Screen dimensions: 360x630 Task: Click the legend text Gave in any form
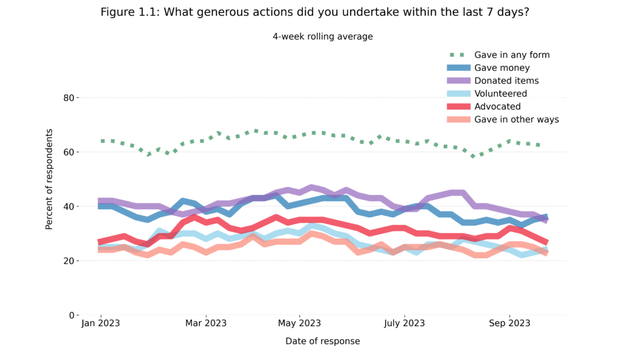click(512, 55)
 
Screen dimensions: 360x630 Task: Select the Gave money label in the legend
click(501, 68)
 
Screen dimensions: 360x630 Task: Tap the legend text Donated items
click(506, 81)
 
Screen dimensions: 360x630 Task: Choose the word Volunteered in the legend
click(500, 94)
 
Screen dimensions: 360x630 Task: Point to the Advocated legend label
click(497, 106)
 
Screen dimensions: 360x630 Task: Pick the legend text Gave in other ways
click(516, 119)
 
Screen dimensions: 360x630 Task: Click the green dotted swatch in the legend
click(459, 55)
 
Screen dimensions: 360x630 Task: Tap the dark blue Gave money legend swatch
click(459, 68)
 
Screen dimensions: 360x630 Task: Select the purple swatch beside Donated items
click(459, 81)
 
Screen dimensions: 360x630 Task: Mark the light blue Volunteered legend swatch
click(459, 94)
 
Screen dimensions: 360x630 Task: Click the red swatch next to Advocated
click(459, 106)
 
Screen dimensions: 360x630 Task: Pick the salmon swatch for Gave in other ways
click(459, 119)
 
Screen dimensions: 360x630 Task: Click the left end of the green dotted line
click(102, 141)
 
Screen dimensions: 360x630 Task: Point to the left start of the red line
click(98, 241)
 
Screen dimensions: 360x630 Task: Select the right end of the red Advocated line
click(546, 241)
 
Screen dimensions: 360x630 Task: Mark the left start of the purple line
click(98, 200)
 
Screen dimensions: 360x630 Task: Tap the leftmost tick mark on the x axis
click(101, 315)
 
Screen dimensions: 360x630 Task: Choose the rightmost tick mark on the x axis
click(510, 315)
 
